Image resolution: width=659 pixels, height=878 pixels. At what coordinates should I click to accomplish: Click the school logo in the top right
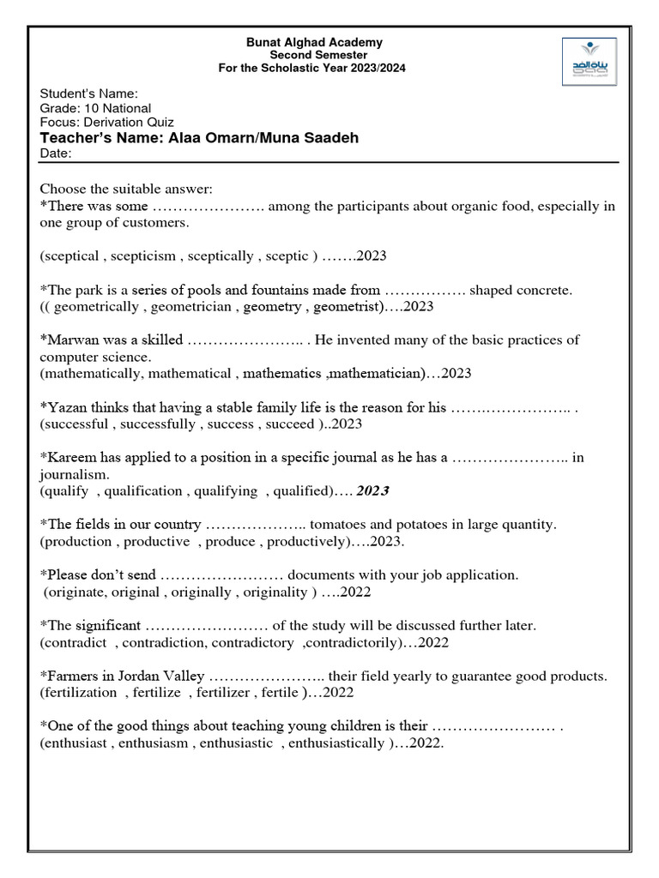[x=588, y=63]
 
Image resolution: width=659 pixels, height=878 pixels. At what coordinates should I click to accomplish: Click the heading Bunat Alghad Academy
[x=314, y=42]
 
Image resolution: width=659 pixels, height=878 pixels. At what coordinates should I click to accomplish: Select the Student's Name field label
[x=89, y=94]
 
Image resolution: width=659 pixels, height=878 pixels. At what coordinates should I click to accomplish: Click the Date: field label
[x=56, y=153]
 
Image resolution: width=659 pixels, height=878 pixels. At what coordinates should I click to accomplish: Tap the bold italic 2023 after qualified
[x=372, y=490]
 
